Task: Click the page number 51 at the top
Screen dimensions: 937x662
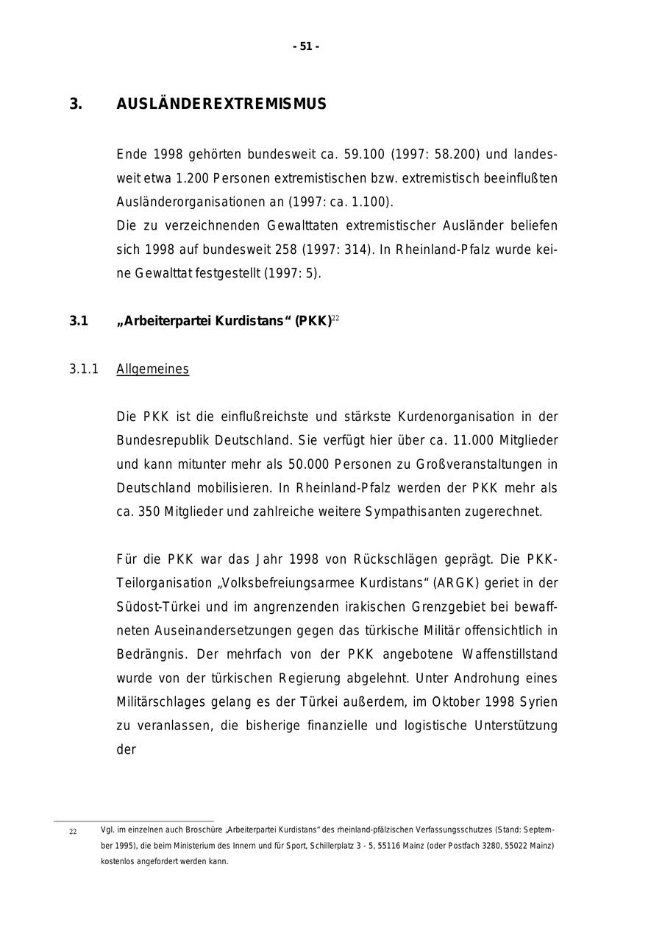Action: click(306, 46)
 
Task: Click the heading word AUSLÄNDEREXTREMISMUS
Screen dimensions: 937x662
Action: click(221, 104)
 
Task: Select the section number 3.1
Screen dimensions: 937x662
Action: click(79, 321)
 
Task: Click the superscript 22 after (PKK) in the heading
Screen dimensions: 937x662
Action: click(335, 318)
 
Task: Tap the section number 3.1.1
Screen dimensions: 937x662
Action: click(84, 369)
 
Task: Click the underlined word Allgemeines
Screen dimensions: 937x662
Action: click(152, 369)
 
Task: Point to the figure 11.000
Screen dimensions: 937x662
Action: click(469, 440)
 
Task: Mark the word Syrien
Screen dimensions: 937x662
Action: click(538, 702)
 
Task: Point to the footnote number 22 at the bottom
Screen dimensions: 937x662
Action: click(73, 832)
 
